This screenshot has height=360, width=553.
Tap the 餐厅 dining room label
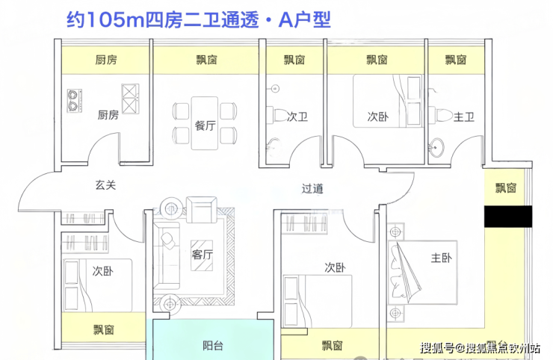(205, 125)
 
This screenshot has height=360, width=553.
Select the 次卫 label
(297, 117)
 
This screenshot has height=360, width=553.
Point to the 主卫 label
(465, 117)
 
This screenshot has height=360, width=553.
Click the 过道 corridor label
(312, 189)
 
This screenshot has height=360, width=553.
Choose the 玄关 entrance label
(105, 185)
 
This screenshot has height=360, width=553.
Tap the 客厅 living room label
(203, 255)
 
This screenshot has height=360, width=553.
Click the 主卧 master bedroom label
(442, 258)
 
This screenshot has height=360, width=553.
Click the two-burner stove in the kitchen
(75, 101)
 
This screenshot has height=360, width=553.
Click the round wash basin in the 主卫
(437, 149)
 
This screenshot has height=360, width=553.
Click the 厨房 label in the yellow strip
(106, 60)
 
